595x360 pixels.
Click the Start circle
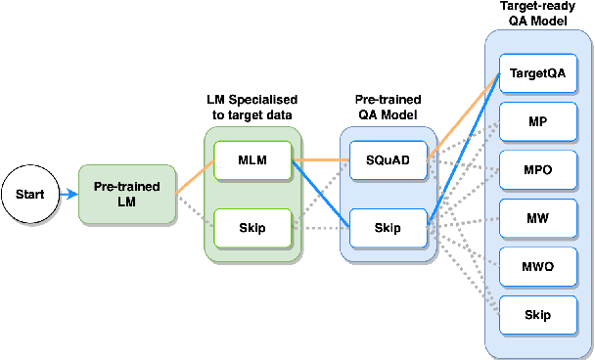point(28,194)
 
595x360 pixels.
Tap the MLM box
point(252,160)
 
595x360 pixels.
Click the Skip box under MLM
point(252,228)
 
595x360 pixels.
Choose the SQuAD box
point(387,160)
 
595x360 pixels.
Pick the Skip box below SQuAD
point(387,228)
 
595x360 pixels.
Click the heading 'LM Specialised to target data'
point(252,109)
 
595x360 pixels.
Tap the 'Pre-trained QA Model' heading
point(387,109)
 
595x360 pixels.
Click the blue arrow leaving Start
point(67,194)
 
